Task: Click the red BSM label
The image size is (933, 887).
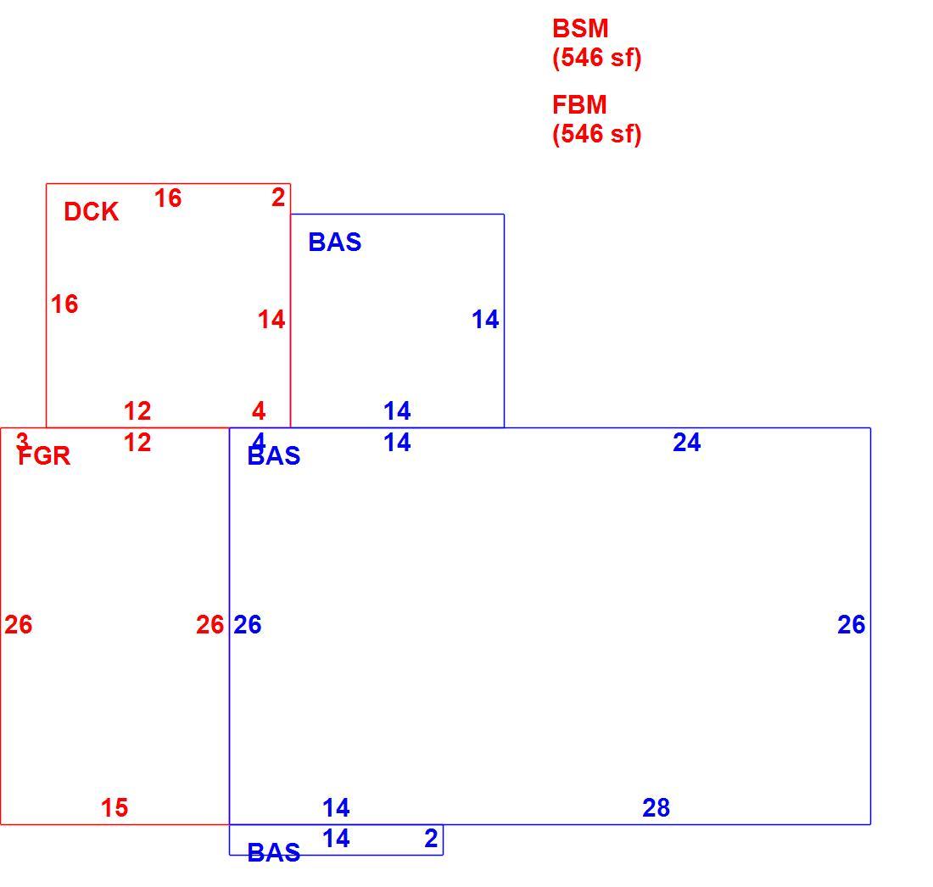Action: (580, 29)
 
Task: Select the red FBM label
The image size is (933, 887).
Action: (579, 104)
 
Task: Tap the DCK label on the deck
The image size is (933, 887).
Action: (91, 212)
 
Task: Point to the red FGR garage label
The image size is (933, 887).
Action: (45, 456)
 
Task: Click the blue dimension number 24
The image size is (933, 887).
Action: (687, 443)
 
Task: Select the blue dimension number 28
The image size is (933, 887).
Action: (656, 808)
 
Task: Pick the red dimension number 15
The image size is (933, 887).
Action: (115, 808)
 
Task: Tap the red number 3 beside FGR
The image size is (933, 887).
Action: (22, 442)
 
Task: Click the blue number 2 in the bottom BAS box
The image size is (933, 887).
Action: (432, 838)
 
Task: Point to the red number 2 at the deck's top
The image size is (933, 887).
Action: (278, 198)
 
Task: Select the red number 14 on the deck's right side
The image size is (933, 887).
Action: (271, 320)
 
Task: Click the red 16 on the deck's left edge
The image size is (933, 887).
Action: (64, 304)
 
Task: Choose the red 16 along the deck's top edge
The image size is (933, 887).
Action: (168, 198)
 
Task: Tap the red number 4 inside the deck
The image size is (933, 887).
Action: (258, 411)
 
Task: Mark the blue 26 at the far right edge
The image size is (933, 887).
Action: (852, 625)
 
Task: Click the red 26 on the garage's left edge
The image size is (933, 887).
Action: (19, 625)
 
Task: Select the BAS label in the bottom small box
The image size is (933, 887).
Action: (274, 853)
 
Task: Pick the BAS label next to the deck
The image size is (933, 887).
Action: (335, 243)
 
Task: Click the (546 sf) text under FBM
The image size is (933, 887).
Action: (597, 134)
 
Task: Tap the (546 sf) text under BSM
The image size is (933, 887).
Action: (597, 58)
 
